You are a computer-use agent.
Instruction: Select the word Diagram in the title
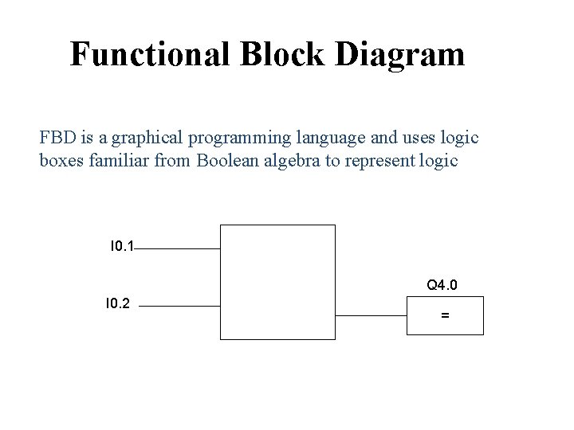(402, 54)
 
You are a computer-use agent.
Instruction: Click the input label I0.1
(122, 246)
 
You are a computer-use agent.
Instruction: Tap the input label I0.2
(118, 303)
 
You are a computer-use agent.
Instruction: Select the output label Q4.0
(442, 284)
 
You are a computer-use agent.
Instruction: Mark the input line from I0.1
(177, 248)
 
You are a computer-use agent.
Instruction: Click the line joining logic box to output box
(371, 315)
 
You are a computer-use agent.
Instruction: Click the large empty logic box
(277, 282)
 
